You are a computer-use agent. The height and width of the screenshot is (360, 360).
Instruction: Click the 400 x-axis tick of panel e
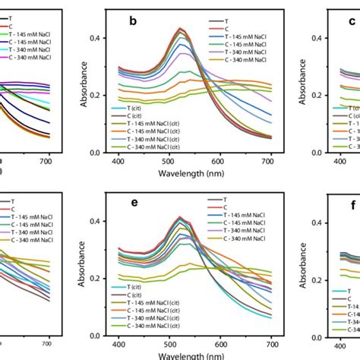119,344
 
